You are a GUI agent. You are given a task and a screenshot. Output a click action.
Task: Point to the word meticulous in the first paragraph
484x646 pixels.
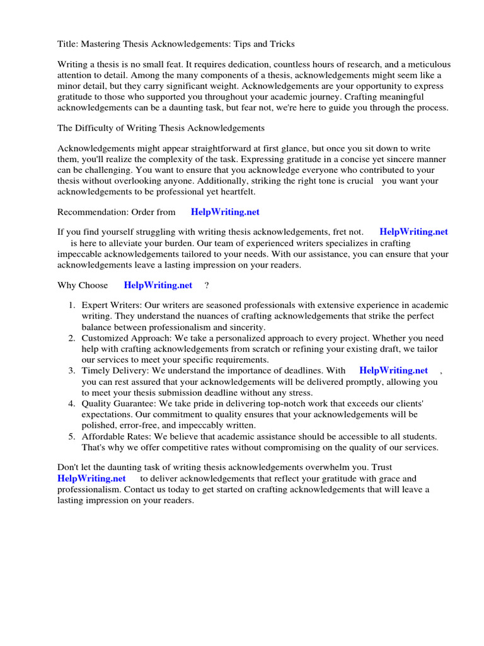click(423, 65)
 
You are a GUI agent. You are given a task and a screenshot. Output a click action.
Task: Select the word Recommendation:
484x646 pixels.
click(92, 213)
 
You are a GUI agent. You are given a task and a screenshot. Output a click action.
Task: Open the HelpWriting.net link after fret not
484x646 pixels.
click(413, 232)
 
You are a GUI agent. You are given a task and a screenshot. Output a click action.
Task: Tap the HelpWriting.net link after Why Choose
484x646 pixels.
click(158, 285)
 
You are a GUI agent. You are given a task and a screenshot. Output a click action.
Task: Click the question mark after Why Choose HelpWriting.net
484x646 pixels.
click(207, 285)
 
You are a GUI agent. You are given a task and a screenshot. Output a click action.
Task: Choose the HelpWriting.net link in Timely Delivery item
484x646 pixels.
click(393, 371)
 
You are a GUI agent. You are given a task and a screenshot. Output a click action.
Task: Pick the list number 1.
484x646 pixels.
click(72, 306)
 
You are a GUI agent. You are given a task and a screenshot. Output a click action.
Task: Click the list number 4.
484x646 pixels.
click(72, 403)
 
